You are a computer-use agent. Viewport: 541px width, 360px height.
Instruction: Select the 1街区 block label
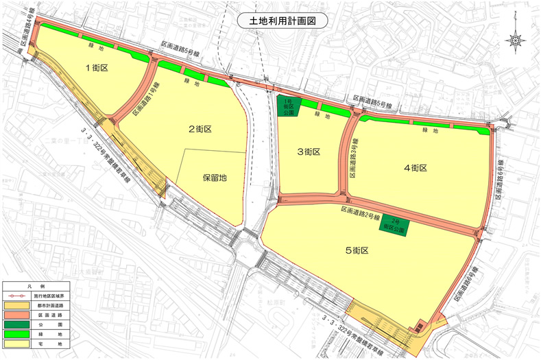[98, 68]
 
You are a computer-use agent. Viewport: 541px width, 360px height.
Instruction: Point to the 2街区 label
[199, 128]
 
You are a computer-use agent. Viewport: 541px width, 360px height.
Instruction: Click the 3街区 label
[308, 152]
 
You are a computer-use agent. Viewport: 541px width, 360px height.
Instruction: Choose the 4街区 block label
[415, 167]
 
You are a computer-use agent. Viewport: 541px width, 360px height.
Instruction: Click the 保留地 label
[215, 176]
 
